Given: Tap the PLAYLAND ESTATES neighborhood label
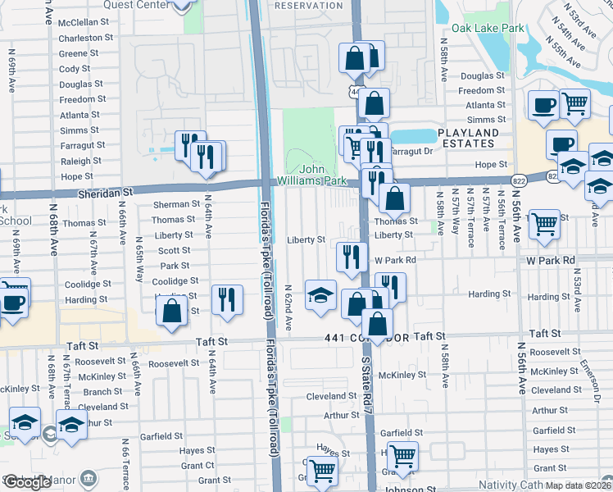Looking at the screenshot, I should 479,138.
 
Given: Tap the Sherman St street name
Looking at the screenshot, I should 176,204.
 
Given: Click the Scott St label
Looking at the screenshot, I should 174,251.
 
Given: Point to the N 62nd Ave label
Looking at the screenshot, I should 288,308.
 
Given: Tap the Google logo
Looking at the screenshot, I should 27,482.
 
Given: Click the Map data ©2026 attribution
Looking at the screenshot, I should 578,485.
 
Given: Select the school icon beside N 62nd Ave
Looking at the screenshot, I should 320,295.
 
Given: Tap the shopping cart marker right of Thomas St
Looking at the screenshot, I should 544,224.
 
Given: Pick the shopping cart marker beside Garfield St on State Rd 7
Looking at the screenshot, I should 402,455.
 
